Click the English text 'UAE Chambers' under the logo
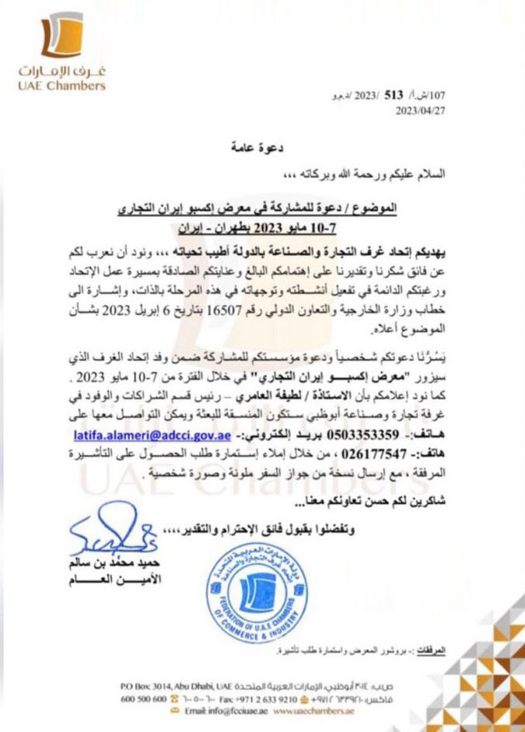[x=61, y=86]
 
